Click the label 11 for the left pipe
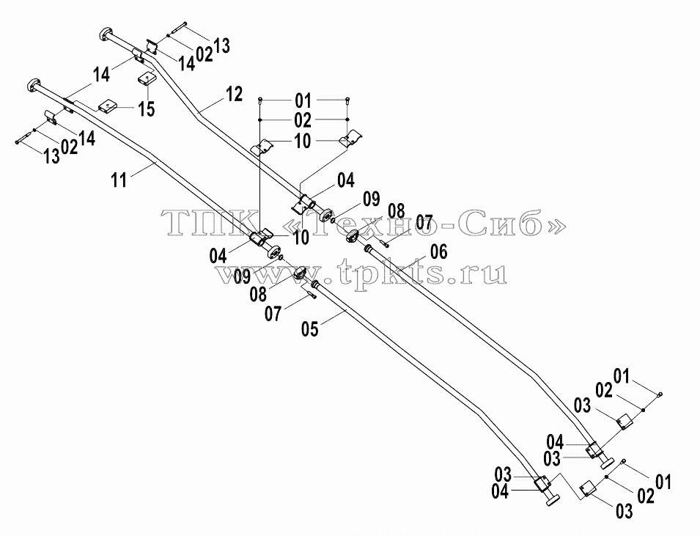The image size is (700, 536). tap(119, 180)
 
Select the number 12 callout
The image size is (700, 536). tap(234, 94)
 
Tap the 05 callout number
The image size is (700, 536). tap(310, 328)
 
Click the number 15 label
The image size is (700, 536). tap(146, 109)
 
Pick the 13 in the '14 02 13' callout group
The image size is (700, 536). tap(222, 45)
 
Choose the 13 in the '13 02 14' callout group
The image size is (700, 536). tap(52, 156)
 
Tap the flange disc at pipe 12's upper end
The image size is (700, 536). tap(106, 34)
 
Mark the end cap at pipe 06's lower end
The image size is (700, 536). tap(606, 463)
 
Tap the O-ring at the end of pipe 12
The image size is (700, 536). tap(333, 219)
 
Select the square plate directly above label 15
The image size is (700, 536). tap(146, 79)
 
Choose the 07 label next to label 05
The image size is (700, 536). tap(273, 314)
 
